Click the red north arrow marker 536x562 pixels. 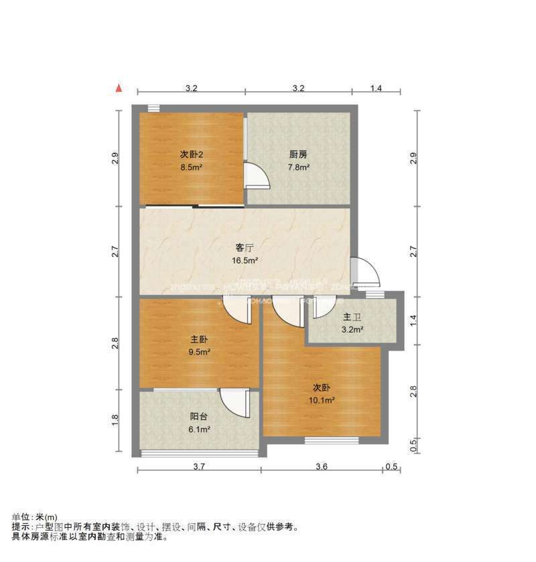pyautogui.click(x=119, y=88)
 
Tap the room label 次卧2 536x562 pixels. pyautogui.click(x=191, y=155)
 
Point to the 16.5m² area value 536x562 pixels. pyautogui.click(x=245, y=262)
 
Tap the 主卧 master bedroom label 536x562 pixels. pyautogui.click(x=199, y=339)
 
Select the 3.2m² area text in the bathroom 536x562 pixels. pyautogui.click(x=352, y=329)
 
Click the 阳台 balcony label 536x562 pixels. pyautogui.click(x=198, y=416)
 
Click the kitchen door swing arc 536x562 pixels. pyautogui.click(x=258, y=175)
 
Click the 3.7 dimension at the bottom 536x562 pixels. pyautogui.click(x=198, y=467)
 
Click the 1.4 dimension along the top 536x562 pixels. pyautogui.click(x=376, y=88)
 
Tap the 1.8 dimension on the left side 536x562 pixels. pyautogui.click(x=115, y=420)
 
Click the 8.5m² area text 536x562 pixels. pyautogui.click(x=191, y=167)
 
